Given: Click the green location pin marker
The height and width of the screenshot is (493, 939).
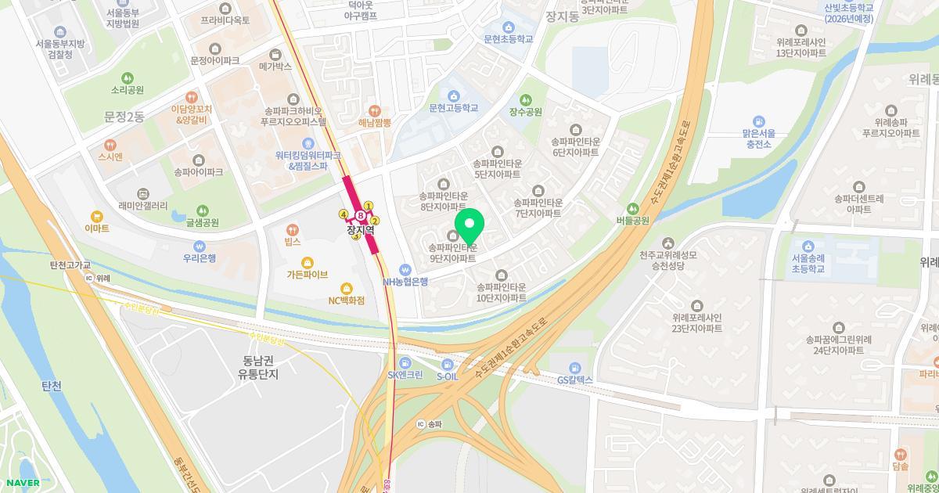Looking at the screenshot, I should (x=469, y=225).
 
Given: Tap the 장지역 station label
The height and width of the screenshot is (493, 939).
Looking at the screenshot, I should (x=361, y=230).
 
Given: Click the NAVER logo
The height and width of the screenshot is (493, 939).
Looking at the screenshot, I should (x=21, y=483).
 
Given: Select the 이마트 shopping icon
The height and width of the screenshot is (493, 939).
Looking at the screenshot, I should (x=97, y=215).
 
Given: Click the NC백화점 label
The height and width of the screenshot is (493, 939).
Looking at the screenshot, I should (x=347, y=300).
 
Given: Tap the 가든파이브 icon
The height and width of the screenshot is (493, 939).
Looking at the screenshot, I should (x=307, y=261).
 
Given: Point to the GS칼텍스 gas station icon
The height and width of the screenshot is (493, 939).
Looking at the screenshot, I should (x=575, y=367).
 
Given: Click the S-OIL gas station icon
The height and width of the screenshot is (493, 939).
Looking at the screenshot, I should (x=447, y=364).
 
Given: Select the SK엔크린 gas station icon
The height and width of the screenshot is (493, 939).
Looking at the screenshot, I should (x=405, y=362).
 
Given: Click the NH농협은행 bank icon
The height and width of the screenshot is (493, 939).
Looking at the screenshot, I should (x=405, y=269).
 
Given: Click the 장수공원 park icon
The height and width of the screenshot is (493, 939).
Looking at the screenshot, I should (x=526, y=99).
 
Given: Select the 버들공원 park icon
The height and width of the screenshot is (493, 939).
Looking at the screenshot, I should (x=633, y=208).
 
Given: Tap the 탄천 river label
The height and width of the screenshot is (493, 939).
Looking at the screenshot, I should (x=51, y=386).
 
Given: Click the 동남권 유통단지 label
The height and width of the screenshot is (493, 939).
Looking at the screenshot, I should (x=258, y=368).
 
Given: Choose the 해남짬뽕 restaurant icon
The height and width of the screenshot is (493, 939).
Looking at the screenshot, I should (x=375, y=110).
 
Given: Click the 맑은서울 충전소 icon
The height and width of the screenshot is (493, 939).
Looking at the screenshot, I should (x=758, y=121).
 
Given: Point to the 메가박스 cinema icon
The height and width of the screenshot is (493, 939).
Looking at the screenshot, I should (x=275, y=55).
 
